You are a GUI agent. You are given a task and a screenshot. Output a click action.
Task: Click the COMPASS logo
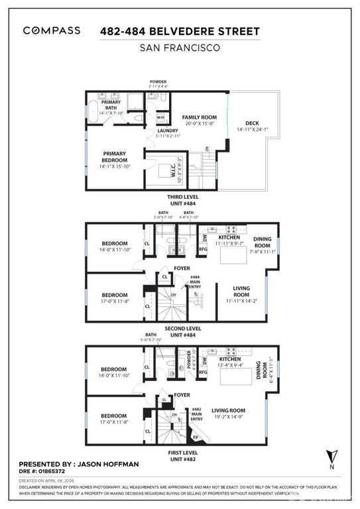click(52, 30)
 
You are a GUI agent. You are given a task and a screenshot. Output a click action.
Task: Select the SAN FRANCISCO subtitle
click(179, 48)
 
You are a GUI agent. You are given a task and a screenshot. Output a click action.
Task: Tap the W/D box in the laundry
click(160, 118)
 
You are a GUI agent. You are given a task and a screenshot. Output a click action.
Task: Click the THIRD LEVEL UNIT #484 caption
click(180, 201)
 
